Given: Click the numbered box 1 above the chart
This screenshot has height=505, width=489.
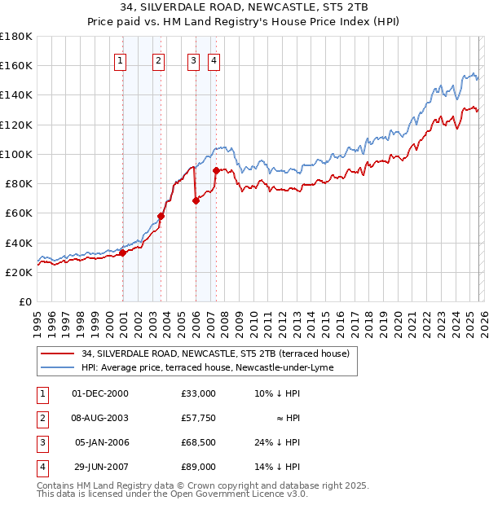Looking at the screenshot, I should tap(121, 59).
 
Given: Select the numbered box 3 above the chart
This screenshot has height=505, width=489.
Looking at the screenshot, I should tap(193, 59).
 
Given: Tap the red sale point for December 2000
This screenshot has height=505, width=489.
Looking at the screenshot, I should tap(122, 253).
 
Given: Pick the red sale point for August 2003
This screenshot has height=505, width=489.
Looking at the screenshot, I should tap(161, 217).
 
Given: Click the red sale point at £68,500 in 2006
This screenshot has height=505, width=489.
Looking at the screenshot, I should tap(196, 200).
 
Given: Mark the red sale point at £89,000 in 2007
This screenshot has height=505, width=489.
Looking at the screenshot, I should tap(217, 170).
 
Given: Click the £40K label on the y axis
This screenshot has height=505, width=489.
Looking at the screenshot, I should tap(18, 243).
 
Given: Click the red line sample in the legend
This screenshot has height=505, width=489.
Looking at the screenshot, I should tap(57, 353).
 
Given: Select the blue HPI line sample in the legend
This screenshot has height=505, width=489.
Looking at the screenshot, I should tap(57, 367).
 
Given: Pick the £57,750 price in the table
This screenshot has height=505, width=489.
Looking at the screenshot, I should tap(199, 418).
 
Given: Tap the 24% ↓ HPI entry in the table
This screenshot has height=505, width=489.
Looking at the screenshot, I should tap(276, 442).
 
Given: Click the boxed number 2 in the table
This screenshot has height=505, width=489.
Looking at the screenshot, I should tap(41, 418).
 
